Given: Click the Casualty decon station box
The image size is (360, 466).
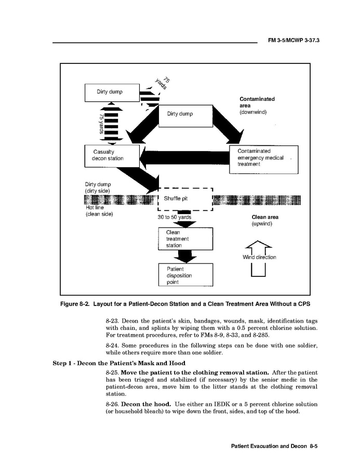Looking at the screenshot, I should pyautogui.click(x=112, y=155).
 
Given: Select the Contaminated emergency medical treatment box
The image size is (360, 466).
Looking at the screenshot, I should pyautogui.click(x=264, y=159).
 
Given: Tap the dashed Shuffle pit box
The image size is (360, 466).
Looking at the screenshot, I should pyautogui.click(x=185, y=199).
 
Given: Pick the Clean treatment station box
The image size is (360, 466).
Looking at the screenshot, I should pyautogui.click(x=185, y=239).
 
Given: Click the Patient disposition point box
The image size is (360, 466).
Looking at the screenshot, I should pyautogui.click(x=185, y=275).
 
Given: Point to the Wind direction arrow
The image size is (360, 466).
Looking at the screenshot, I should pyautogui.click(x=258, y=258).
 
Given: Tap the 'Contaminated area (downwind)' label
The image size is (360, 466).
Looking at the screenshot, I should pyautogui.click(x=257, y=105).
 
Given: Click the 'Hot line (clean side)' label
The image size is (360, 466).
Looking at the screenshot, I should pyautogui.click(x=99, y=210).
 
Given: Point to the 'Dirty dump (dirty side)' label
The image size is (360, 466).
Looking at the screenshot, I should pyautogui.click(x=98, y=188).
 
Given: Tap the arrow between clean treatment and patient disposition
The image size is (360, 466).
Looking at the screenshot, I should pyautogui.click(x=185, y=256).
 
